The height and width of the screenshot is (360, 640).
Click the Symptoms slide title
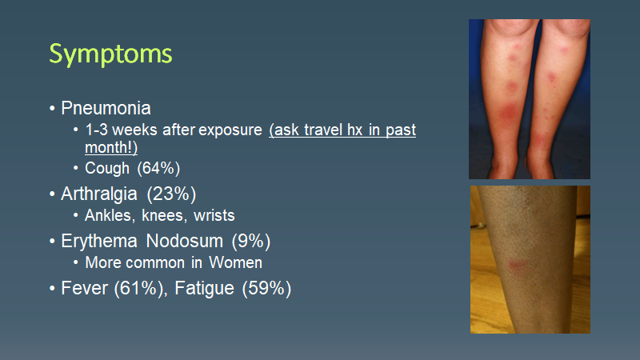coord(110,54)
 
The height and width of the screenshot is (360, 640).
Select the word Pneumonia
coord(106,108)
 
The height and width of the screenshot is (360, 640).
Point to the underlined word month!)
coord(111,147)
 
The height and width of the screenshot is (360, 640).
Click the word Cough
coord(108,168)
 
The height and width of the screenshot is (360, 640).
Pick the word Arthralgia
coord(101,194)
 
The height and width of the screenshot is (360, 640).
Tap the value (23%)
coord(172,194)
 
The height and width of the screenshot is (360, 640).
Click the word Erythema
coord(97,240)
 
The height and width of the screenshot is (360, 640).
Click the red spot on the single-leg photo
coord(515,264)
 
